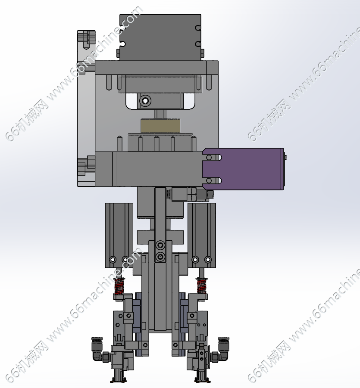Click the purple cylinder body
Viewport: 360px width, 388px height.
point(248,169)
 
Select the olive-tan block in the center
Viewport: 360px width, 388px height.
point(160,125)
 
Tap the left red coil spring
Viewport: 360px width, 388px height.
point(119,286)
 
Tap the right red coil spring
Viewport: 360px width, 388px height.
point(202,286)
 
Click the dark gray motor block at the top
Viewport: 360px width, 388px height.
point(160,37)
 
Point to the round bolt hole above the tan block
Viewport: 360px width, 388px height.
point(145,101)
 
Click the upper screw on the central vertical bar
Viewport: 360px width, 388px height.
point(160,245)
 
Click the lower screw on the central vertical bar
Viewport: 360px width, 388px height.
point(160,256)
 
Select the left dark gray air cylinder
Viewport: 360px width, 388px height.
point(119,235)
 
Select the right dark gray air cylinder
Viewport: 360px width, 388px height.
point(202,235)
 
